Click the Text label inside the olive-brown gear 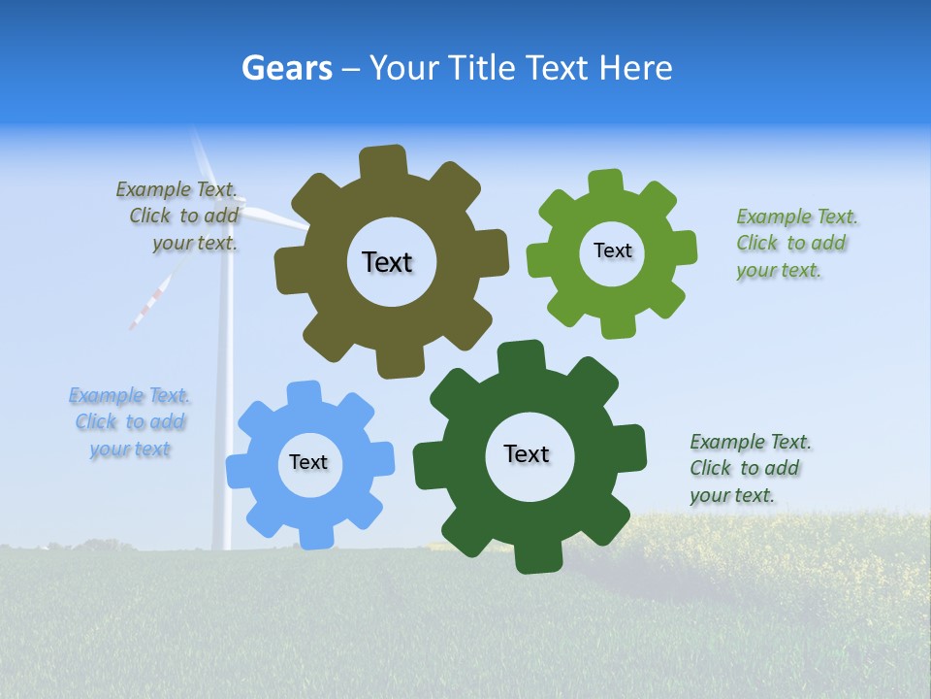387,262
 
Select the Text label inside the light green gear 612,250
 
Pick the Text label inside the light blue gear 308,462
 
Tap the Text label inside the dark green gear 527,453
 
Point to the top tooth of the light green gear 606,183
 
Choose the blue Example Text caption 129,422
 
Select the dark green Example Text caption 750,469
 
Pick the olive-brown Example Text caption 179,216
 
